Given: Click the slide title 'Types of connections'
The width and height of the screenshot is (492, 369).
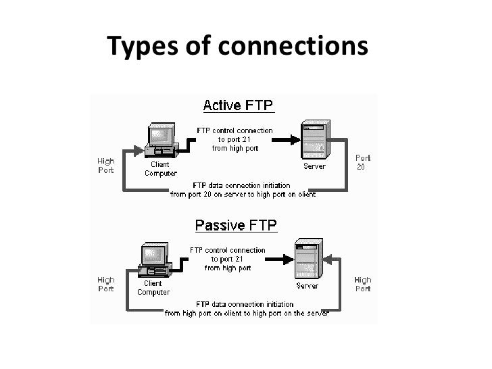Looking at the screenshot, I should click(x=238, y=47).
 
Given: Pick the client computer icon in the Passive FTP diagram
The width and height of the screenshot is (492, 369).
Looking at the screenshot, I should click(x=153, y=257).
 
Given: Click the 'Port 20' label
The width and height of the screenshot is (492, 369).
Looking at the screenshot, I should click(x=363, y=162).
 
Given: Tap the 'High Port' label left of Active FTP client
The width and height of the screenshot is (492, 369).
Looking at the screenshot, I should click(x=106, y=166).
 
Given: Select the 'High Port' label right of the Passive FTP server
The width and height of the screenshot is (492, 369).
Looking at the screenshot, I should click(x=363, y=285).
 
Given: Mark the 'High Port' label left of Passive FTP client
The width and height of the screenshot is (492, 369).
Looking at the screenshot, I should click(x=106, y=285).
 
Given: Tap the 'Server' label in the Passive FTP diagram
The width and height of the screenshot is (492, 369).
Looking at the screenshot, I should click(x=307, y=286).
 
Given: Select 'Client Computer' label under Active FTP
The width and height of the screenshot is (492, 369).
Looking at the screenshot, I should click(x=160, y=168).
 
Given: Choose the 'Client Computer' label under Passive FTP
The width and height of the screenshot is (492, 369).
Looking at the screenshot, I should click(x=153, y=288).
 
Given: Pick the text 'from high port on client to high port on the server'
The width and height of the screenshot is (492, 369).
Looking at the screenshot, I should click(x=247, y=314).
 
